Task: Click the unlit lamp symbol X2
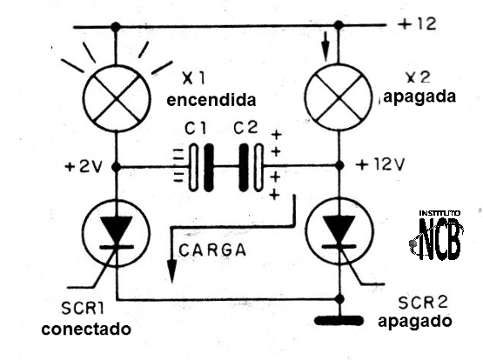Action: coord(336,97)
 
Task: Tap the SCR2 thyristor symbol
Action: coord(336,232)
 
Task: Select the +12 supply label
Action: coord(419,23)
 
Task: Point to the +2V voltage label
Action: coord(84,164)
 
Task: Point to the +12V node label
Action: coord(381,164)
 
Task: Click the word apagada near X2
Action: coord(418,97)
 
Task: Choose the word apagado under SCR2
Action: coord(415,320)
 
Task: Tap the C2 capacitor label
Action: coord(246,129)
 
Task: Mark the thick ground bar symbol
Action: coord(336,319)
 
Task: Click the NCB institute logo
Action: coord(439,236)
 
